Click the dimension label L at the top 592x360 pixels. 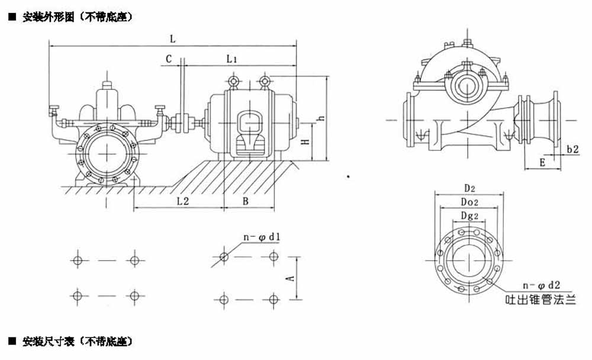(x=173, y=38)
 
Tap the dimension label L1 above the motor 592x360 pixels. (x=231, y=59)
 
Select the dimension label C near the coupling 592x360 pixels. (x=169, y=59)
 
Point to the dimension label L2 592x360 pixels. (x=183, y=201)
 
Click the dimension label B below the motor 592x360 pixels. (x=246, y=201)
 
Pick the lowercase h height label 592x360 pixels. (x=321, y=118)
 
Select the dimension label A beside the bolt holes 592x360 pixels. (x=290, y=278)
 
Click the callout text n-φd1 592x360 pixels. (x=262, y=237)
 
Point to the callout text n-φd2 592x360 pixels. (x=541, y=285)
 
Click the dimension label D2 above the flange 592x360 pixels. (x=469, y=188)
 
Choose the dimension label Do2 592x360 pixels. (x=469, y=202)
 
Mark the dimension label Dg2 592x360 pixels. (x=469, y=216)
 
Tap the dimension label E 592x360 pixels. (x=542, y=162)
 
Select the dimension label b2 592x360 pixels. (x=572, y=149)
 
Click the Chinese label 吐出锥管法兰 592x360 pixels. (x=540, y=300)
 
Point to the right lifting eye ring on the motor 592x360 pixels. (x=265, y=81)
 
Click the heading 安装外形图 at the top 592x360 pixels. (x=49, y=17)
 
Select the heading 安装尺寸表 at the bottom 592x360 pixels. (x=49, y=342)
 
